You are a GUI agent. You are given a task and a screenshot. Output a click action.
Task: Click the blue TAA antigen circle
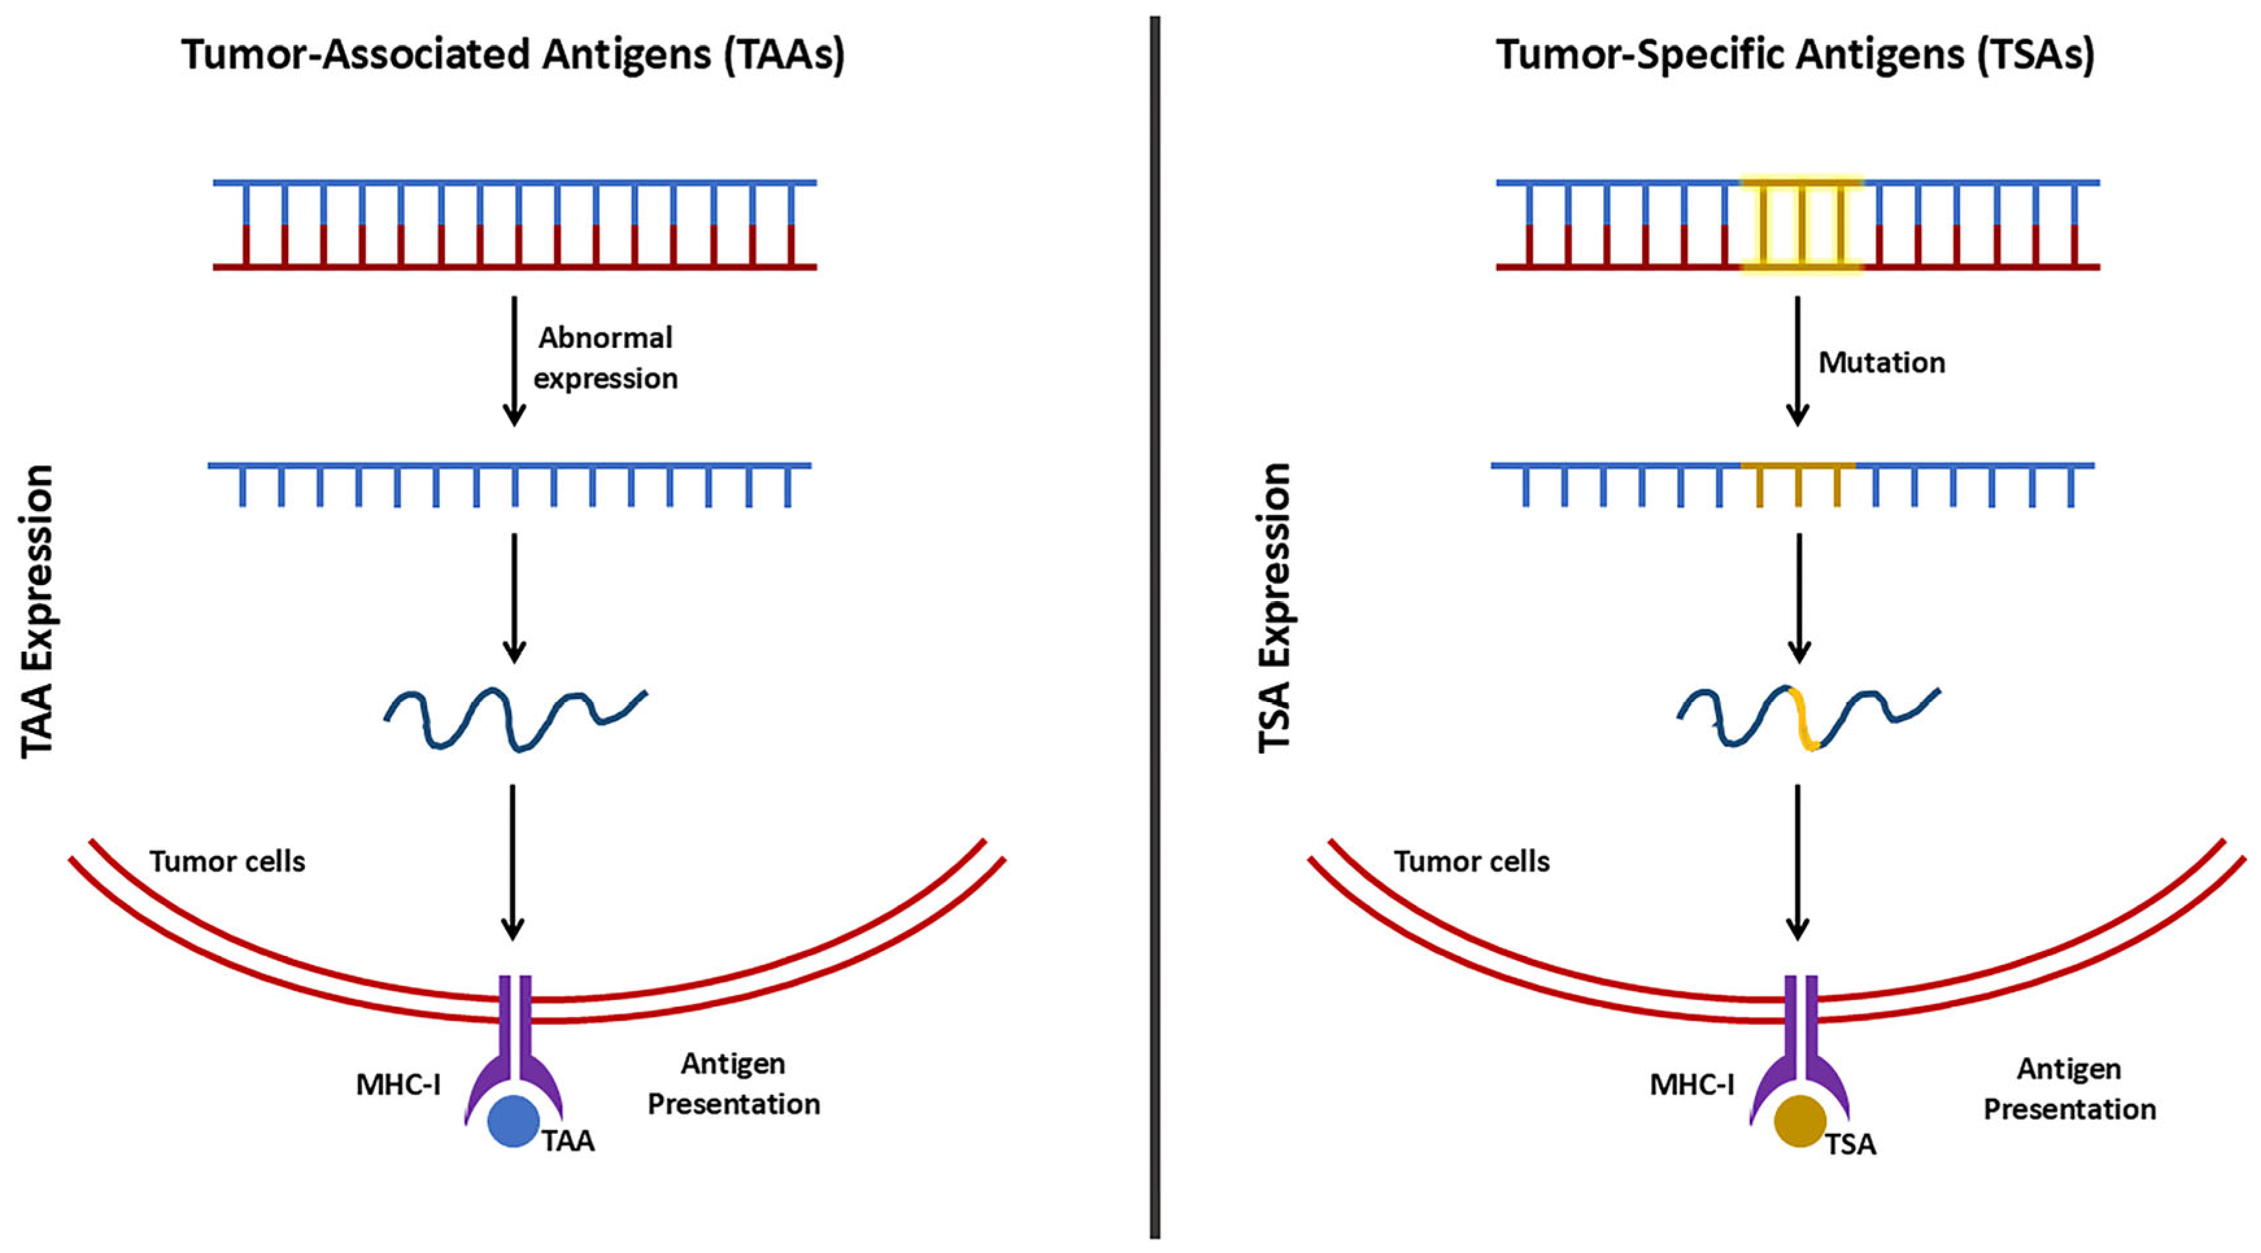pos(513,1121)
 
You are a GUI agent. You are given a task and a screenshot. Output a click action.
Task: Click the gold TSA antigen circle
pos(1799,1121)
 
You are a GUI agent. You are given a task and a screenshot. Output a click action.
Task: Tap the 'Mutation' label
pos(1881,363)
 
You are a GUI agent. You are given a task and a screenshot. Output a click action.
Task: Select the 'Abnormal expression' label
pos(605,358)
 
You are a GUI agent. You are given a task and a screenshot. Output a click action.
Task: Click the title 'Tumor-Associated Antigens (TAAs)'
pos(513,54)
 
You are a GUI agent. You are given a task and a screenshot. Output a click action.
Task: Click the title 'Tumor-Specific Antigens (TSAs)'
pos(1796,54)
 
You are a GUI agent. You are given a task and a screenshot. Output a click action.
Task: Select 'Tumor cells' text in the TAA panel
pos(227,862)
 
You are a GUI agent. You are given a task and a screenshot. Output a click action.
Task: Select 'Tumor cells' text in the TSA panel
pos(1472,862)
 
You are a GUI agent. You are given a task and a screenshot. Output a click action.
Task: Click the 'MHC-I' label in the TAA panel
pos(398,1086)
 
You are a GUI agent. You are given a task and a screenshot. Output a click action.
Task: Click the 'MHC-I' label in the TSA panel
pos(1691,1086)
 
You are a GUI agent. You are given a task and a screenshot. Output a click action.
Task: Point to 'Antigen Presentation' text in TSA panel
pos(2070,1089)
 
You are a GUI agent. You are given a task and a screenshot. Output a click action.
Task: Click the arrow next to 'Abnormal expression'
pos(514,360)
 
